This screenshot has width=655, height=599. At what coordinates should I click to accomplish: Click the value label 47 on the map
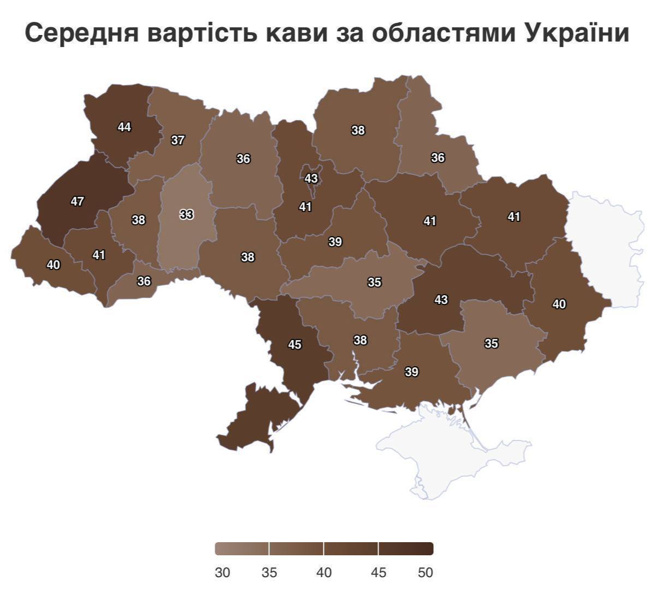click(x=78, y=201)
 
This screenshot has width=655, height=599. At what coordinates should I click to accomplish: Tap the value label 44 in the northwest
click(x=125, y=127)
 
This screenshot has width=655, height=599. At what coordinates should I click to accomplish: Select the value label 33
click(x=186, y=214)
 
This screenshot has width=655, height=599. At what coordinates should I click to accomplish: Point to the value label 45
click(x=294, y=344)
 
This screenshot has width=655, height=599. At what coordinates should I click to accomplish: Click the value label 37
click(x=178, y=140)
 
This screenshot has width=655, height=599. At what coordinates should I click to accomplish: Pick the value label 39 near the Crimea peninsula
click(x=411, y=372)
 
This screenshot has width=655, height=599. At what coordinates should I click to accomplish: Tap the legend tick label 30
click(x=222, y=572)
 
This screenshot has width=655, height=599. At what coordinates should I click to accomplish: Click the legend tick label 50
click(x=426, y=572)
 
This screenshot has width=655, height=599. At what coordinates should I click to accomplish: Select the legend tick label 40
click(x=324, y=572)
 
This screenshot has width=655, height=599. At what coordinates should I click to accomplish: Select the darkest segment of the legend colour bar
click(x=406, y=548)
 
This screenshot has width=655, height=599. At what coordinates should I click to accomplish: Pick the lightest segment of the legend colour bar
click(x=242, y=548)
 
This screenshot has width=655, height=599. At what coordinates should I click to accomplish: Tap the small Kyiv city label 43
click(x=311, y=178)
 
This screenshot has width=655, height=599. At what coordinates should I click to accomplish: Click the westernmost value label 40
click(x=54, y=265)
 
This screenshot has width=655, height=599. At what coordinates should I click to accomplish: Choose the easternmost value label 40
click(x=559, y=304)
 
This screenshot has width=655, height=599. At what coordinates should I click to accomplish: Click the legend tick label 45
click(x=378, y=572)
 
